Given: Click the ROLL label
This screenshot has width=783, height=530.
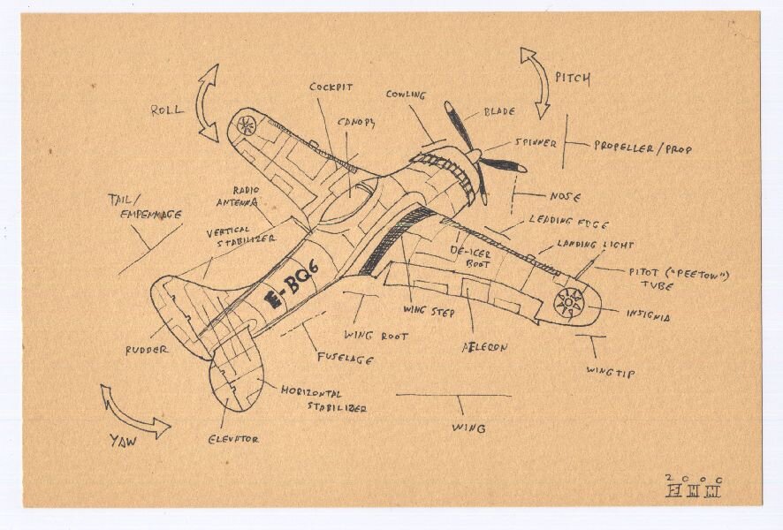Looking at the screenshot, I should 167,110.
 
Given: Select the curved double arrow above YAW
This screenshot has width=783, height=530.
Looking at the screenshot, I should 133,413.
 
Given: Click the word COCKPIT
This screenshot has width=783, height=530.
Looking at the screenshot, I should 331,87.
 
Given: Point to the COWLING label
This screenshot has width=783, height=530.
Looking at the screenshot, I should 406,95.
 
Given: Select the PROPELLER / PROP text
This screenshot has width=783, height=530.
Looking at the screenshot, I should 642,148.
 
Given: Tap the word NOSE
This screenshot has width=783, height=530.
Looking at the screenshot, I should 565,196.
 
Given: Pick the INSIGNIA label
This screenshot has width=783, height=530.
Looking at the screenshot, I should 649,314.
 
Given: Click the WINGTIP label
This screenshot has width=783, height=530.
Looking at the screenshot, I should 610,372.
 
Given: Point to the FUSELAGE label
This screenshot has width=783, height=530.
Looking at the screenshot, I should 345,359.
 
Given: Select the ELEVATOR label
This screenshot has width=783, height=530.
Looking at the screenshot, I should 233,438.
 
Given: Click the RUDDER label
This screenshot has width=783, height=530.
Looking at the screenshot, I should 147,349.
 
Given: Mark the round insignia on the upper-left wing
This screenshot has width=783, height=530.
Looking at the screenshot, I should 247,125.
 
